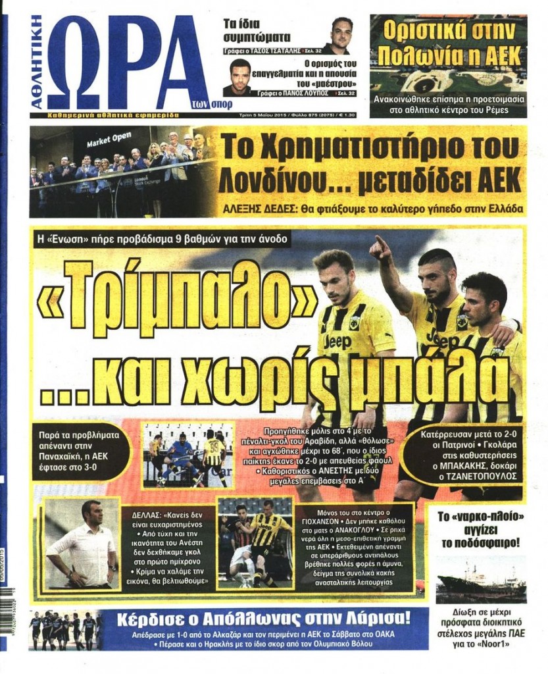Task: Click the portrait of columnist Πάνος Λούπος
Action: (x=240, y=77)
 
